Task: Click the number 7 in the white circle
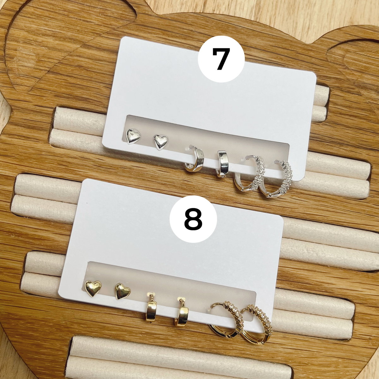221,59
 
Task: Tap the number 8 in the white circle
193,219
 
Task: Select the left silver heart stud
133,136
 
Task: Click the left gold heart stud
93,288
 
